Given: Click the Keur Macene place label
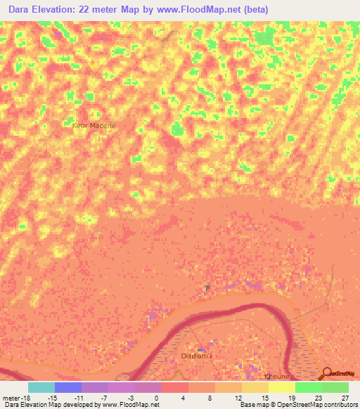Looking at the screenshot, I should (x=93, y=126).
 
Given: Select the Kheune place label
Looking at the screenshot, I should (x=276, y=377).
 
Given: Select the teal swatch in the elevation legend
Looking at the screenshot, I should (x=41, y=387).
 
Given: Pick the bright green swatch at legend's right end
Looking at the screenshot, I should (x=335, y=387).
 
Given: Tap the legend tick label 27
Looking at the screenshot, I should (x=345, y=397).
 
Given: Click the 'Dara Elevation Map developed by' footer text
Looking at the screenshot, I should (x=49, y=405).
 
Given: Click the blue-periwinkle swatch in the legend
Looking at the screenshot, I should (x=68, y=387).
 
